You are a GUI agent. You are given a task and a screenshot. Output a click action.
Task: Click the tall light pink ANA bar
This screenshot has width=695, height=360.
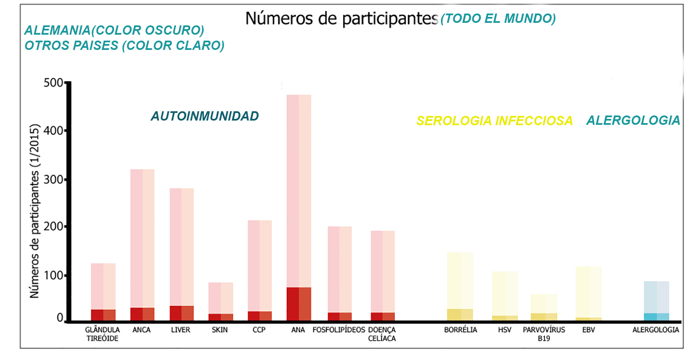(x=299, y=190)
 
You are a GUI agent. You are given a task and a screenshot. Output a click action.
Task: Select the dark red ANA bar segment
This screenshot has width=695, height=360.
(x=299, y=304)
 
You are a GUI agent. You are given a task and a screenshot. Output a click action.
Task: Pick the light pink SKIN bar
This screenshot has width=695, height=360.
(x=221, y=298)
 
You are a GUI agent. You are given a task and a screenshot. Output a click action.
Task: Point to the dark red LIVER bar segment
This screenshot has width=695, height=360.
(x=182, y=313)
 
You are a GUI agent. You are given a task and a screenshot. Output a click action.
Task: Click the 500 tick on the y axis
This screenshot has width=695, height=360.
(x=54, y=82)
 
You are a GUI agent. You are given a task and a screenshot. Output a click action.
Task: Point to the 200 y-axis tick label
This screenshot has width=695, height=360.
(x=54, y=226)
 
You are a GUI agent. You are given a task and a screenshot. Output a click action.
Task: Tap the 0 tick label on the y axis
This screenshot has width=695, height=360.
(x=60, y=318)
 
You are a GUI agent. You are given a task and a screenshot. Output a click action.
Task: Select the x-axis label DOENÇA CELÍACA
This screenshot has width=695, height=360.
(x=382, y=334)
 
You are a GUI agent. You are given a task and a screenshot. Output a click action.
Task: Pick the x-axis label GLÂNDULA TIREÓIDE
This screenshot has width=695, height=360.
(x=102, y=334)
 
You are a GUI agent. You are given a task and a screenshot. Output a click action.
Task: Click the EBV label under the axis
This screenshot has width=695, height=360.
(x=588, y=330)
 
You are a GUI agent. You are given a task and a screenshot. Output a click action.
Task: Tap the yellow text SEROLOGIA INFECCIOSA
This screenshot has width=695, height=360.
(x=494, y=121)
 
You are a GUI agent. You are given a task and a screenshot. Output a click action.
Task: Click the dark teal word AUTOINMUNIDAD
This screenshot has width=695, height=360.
(x=205, y=116)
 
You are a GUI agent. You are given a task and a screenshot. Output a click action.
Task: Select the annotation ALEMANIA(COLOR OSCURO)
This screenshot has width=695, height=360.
(x=114, y=30)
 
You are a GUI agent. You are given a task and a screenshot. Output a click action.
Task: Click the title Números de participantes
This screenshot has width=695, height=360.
(x=342, y=19)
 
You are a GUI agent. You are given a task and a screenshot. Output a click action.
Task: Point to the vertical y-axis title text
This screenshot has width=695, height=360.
(x=35, y=211)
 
